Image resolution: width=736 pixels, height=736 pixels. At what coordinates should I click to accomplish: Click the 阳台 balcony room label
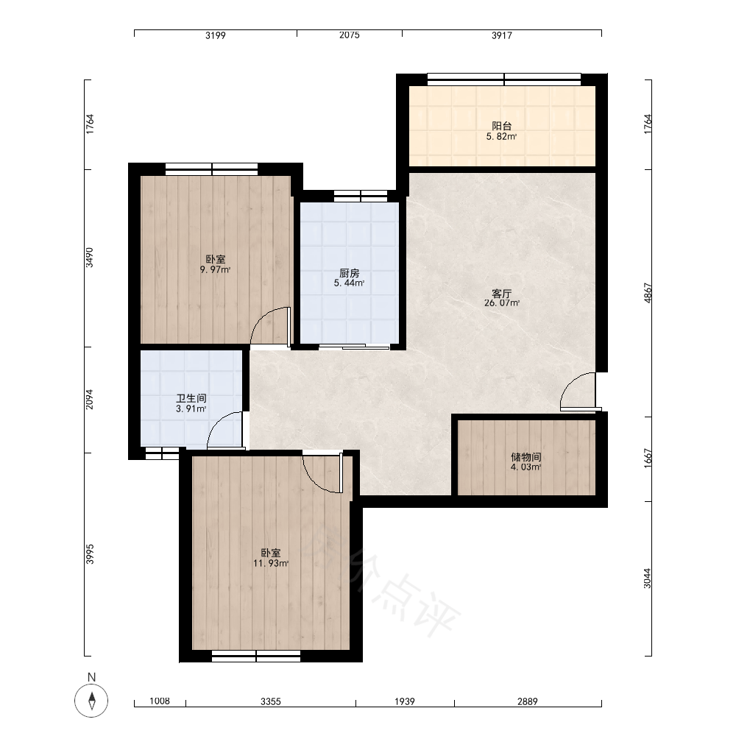point(501,126)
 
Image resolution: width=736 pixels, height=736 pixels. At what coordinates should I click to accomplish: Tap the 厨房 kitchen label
point(349,273)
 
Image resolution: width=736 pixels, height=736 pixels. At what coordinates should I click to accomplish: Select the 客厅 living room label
point(501,294)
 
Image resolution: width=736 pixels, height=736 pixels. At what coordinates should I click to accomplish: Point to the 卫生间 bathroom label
point(191,398)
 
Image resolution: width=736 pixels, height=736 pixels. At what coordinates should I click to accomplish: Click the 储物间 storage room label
point(526,457)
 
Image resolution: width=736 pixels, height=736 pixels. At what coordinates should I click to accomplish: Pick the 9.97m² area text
point(215,270)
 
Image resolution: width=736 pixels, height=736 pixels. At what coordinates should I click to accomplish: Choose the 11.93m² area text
point(271,563)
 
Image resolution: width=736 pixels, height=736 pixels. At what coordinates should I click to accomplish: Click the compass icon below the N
point(91,701)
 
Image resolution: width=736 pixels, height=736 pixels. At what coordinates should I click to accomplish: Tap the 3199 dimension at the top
point(216,35)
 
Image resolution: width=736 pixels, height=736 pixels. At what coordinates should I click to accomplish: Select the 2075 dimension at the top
point(349,35)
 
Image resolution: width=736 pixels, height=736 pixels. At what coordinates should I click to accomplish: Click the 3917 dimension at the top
point(502,35)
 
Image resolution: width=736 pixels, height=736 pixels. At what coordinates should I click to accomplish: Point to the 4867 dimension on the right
point(648,293)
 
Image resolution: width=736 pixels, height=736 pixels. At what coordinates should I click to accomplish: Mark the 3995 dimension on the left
point(90,554)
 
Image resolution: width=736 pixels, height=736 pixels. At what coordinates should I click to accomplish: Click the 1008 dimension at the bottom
point(160,701)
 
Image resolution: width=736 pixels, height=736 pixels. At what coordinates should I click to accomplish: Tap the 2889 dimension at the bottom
point(528,701)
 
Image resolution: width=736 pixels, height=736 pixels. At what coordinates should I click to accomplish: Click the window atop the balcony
point(504,79)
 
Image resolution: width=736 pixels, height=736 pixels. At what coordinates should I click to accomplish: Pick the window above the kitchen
point(361,197)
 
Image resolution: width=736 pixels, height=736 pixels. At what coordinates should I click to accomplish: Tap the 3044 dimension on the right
point(648,578)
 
